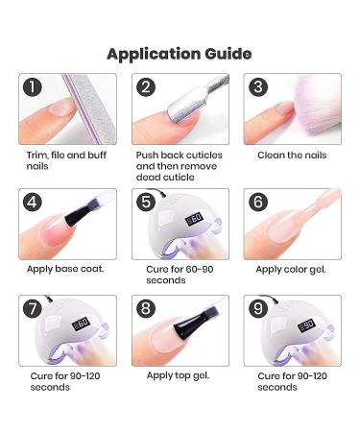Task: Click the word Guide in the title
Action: tap(228, 54)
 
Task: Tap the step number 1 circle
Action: tap(33, 87)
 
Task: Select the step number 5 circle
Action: tap(146, 202)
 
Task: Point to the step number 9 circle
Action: tap(258, 308)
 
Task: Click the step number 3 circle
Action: tap(258, 87)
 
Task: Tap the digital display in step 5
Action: tap(195, 219)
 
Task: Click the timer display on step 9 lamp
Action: tap(307, 324)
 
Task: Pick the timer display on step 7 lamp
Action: tap(81, 324)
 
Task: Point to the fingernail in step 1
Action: tap(60, 108)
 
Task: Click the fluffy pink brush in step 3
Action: tap(314, 104)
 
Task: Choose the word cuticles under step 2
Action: tap(204, 156)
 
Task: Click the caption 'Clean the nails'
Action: tap(292, 156)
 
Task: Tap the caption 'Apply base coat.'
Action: tap(65, 269)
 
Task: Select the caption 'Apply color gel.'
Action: tap(291, 270)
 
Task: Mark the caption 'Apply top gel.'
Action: tap(178, 375)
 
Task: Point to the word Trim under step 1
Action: tap(37, 156)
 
